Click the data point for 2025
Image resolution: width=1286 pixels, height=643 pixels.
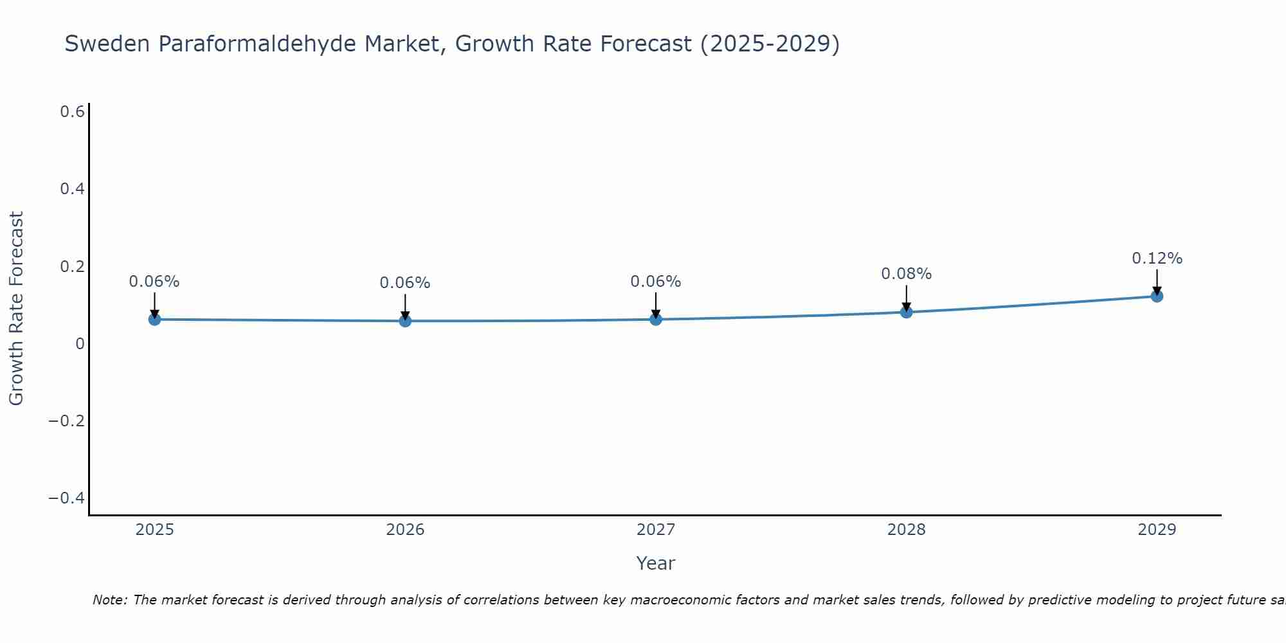pyautogui.click(x=154, y=319)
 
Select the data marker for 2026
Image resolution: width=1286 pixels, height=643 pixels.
pyautogui.click(x=405, y=320)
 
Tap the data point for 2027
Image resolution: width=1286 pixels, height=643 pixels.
pyautogui.click(x=656, y=319)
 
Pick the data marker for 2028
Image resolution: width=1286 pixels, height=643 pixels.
pyautogui.click(x=907, y=312)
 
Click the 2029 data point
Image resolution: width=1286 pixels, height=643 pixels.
pyautogui.click(x=1157, y=296)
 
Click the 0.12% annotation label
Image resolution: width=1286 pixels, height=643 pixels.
pyautogui.click(x=1157, y=258)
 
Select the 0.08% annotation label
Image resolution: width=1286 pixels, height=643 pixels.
pyautogui.click(x=906, y=274)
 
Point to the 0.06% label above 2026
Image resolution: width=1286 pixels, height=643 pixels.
pyautogui.click(x=404, y=283)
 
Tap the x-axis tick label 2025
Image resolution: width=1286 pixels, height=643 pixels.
pyautogui.click(x=155, y=530)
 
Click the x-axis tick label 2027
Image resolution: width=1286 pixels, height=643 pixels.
pyautogui.click(x=656, y=530)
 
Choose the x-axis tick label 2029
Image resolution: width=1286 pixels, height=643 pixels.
pyautogui.click(x=1157, y=530)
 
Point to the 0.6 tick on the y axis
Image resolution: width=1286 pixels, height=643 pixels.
pyautogui.click(x=72, y=112)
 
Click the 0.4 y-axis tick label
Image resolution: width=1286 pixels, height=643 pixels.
pyautogui.click(x=72, y=189)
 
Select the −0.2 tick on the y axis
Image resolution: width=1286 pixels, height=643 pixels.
pyautogui.click(x=67, y=421)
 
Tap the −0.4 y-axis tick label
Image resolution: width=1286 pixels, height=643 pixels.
pyautogui.click(x=67, y=498)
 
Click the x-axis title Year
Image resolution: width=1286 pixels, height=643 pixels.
pyautogui.click(x=655, y=563)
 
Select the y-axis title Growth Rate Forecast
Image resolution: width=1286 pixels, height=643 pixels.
pyautogui.click(x=16, y=309)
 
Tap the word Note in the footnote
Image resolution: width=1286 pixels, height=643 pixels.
pyautogui.click(x=109, y=600)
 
